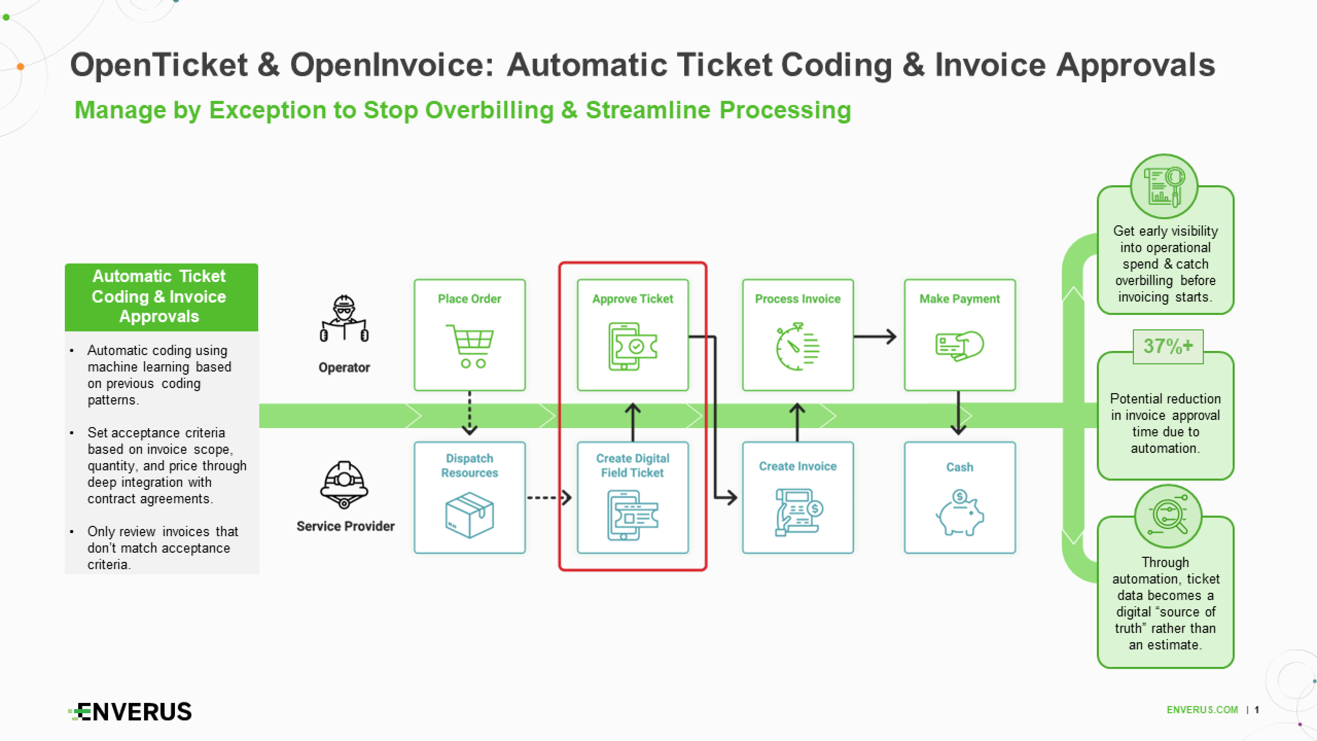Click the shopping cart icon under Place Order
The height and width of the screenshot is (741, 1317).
(x=470, y=346)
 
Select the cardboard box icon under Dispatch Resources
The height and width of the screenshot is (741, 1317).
(x=469, y=515)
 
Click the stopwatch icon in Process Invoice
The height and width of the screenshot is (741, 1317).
(x=797, y=346)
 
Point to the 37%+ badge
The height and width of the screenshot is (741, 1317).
(x=1168, y=346)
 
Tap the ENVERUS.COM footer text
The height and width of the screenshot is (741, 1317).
(x=1202, y=710)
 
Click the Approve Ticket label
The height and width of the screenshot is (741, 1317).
(x=632, y=299)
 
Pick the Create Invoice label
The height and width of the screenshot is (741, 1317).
(x=797, y=466)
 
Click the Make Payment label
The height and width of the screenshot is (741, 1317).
(x=959, y=299)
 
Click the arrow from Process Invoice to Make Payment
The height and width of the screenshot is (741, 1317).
(x=875, y=337)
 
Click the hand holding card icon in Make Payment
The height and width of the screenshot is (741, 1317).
(x=960, y=346)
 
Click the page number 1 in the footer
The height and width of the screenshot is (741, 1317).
(x=1257, y=710)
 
